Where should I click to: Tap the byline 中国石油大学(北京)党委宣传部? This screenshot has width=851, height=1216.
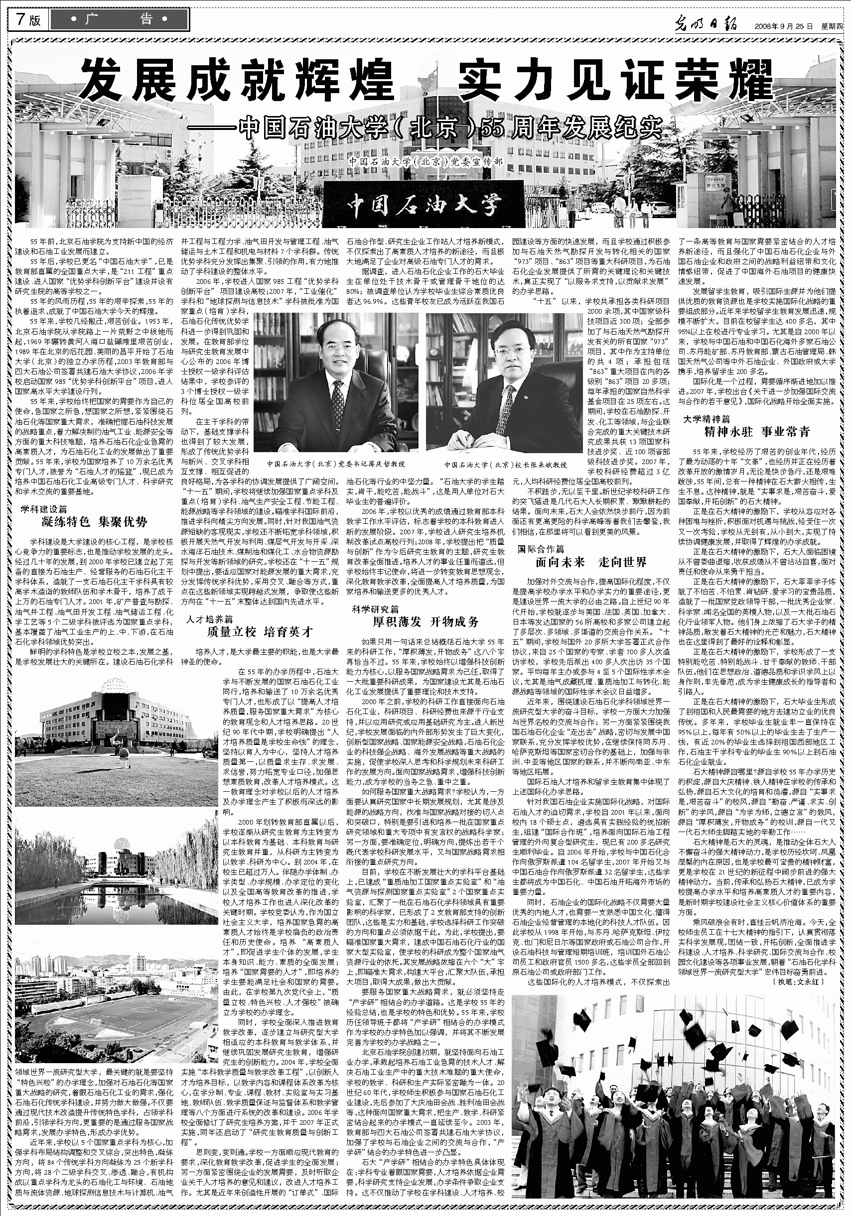click(425, 161)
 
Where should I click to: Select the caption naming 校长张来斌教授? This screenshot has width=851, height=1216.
click(505, 465)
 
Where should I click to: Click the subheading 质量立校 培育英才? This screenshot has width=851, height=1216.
click(260, 632)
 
